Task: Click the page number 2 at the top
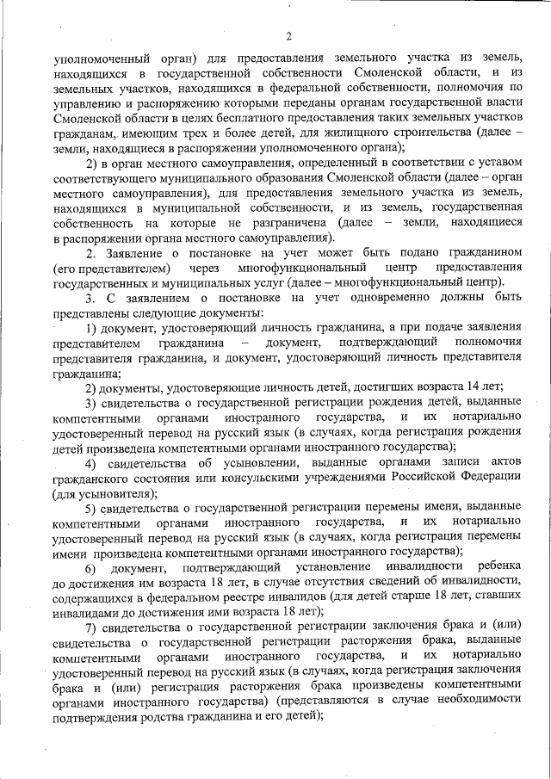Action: pyautogui.click(x=288, y=35)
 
